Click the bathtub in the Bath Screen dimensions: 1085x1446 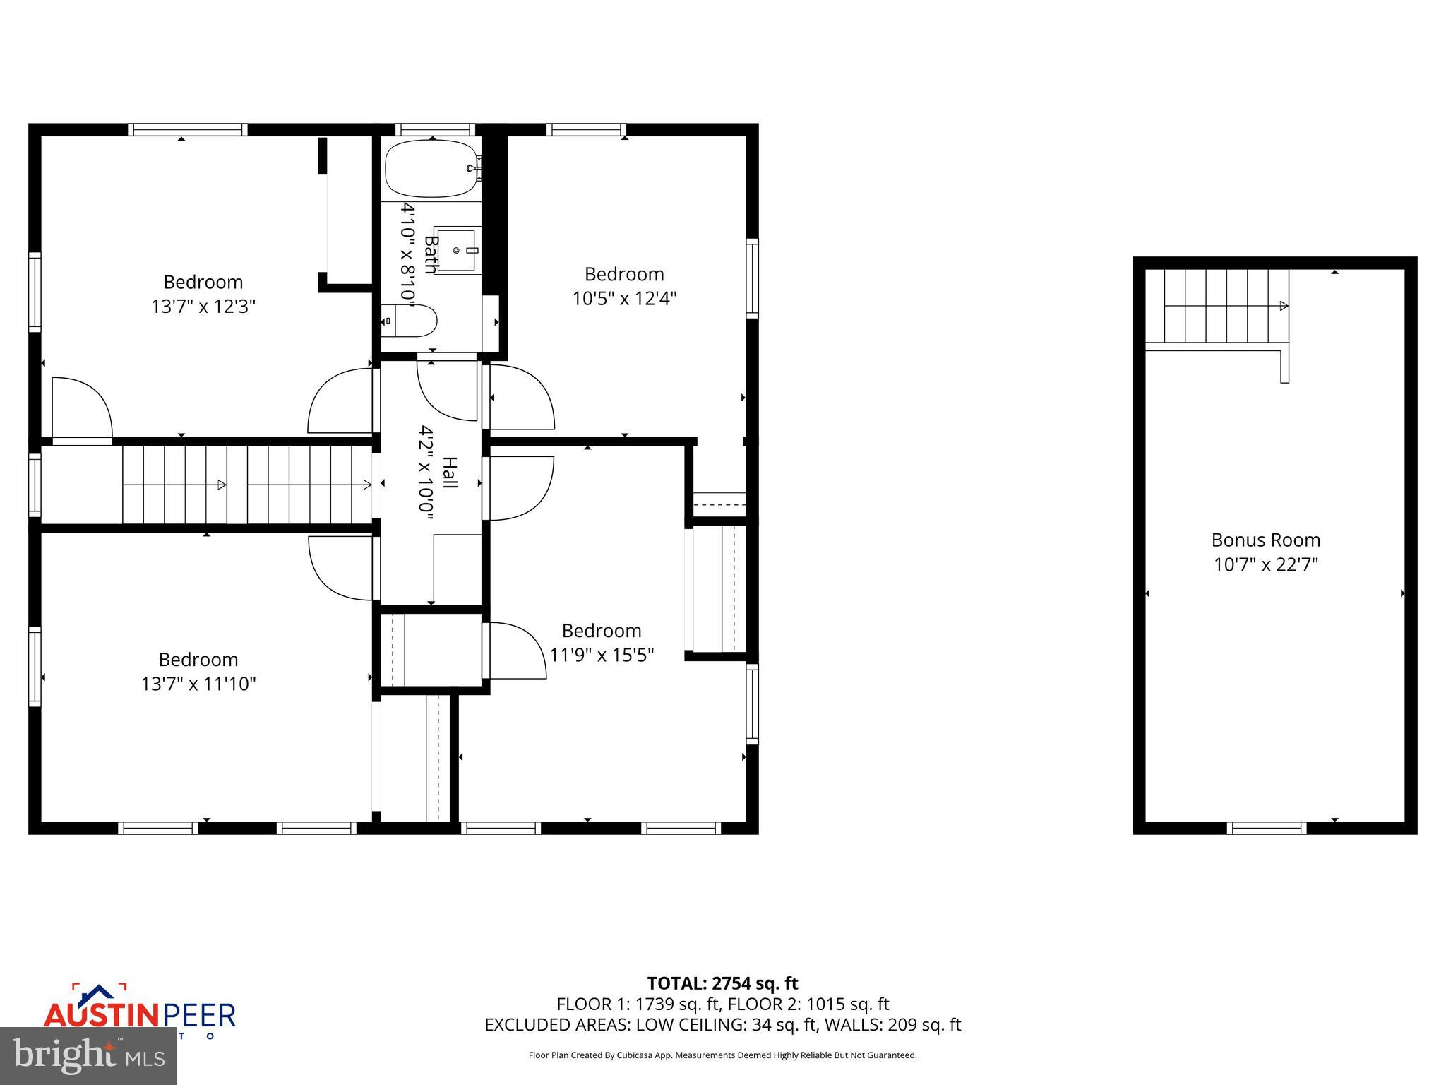click(431, 169)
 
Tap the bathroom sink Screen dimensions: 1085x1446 click(457, 250)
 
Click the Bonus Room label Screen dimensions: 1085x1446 click(1265, 540)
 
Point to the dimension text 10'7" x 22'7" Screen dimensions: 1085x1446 click(1265, 564)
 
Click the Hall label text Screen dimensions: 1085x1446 click(450, 473)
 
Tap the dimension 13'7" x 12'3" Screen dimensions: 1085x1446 click(203, 307)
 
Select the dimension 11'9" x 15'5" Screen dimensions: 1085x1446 click(602, 656)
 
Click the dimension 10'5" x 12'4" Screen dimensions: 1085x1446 click(624, 298)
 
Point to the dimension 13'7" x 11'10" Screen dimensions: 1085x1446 click(198, 684)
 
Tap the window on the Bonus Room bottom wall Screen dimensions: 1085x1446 click(1267, 827)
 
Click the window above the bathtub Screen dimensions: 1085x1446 click(435, 130)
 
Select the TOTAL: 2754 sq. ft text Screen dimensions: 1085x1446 click(722, 983)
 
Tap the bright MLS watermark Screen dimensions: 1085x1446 click(88, 1055)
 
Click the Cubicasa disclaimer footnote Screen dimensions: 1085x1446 click(722, 1055)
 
